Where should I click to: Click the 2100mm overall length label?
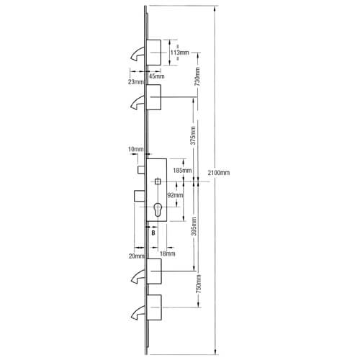pos(219,173)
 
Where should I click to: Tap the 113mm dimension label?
pos(180,53)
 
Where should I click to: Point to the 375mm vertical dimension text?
pos(193,135)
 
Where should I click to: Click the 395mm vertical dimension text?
pos(194,226)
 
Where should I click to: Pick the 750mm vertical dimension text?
pos(199,284)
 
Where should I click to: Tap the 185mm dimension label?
pos(182,171)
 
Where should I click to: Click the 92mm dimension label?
pos(175,195)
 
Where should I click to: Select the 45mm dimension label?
pos(157,76)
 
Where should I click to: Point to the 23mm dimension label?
pos(136,82)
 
